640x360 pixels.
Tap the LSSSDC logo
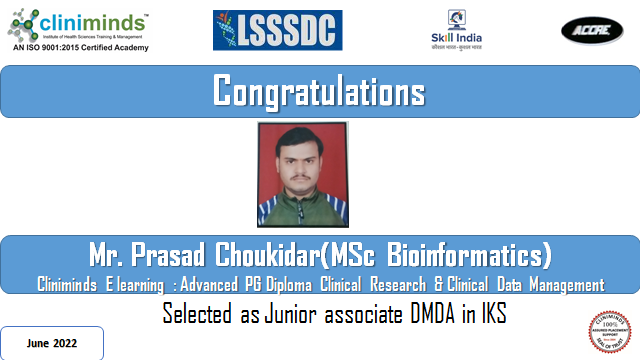coord(277,31)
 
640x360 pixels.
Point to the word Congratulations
coord(319,92)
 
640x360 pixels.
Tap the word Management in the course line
coord(562,284)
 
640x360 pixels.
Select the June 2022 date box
coord(52,343)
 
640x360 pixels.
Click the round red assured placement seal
coord(610,333)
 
